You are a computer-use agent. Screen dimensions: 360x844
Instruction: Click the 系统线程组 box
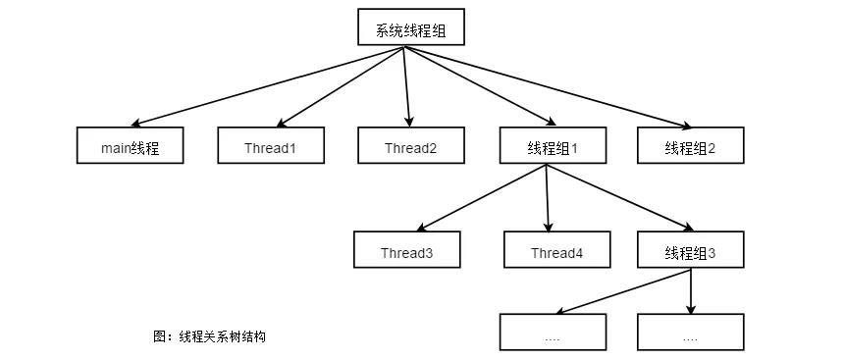(409, 29)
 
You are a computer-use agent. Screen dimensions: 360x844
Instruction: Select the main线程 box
(130, 148)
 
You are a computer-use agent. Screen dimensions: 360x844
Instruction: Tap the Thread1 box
(270, 148)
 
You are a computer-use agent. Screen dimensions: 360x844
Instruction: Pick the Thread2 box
(410, 148)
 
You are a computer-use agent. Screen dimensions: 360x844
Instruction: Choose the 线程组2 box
(690, 148)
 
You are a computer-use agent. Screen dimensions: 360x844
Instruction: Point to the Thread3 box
(406, 252)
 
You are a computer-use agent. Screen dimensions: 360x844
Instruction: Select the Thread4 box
(556, 252)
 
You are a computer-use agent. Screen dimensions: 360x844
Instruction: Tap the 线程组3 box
(690, 252)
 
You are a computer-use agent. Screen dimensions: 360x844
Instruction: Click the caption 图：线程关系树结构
(210, 336)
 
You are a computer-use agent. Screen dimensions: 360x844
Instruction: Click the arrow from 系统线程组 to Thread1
(339, 86)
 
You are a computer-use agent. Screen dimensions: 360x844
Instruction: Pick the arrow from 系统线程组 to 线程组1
(476, 86)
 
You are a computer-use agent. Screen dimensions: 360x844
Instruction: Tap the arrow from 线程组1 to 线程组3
(613, 198)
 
